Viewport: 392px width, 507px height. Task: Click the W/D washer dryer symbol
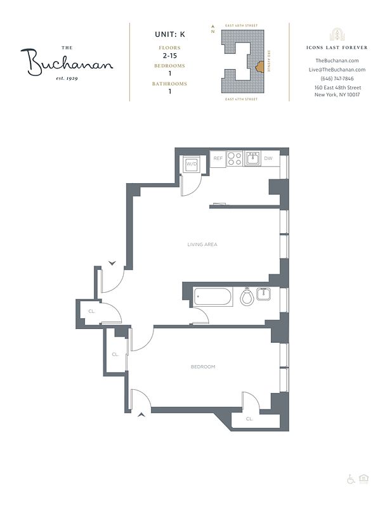[x=190, y=164]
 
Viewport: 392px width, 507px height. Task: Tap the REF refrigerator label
[x=218, y=158]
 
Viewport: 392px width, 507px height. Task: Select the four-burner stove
[x=235, y=158]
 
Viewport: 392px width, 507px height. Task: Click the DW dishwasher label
[x=268, y=158]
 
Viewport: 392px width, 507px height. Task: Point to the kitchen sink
[x=252, y=158]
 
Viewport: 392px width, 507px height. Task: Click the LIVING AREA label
[x=202, y=244]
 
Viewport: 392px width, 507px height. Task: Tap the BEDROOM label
[x=203, y=367]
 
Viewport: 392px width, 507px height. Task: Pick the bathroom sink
[x=264, y=295]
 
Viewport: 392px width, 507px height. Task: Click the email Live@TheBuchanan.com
[x=337, y=69]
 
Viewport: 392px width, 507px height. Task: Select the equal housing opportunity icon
[x=364, y=478]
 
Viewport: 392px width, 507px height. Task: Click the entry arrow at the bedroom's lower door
[x=140, y=414]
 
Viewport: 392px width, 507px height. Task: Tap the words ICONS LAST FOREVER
[x=337, y=48]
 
